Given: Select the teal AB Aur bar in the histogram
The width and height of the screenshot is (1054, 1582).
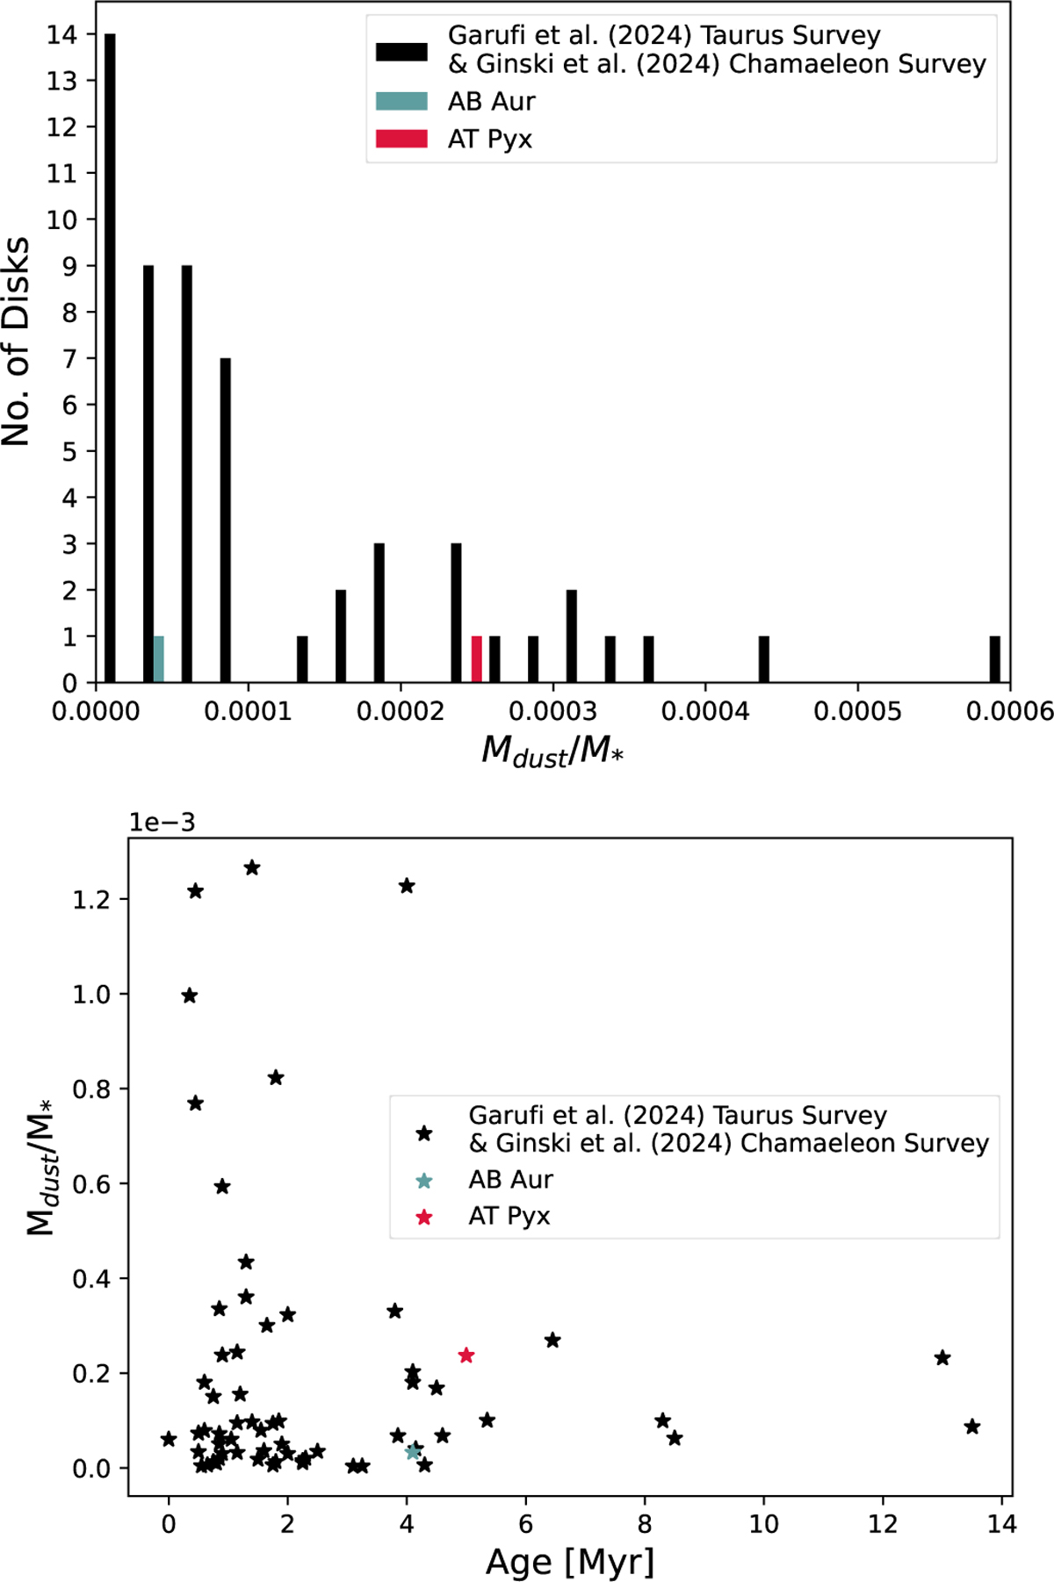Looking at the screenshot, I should click(x=159, y=659).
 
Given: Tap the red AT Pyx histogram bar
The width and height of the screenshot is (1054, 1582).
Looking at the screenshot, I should click(x=476, y=659).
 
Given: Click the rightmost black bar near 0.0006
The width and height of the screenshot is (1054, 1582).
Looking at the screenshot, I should click(x=995, y=659).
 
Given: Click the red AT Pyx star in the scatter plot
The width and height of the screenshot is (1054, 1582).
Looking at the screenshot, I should click(x=466, y=1355).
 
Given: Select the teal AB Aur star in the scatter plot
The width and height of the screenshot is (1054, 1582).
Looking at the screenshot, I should click(x=413, y=1451).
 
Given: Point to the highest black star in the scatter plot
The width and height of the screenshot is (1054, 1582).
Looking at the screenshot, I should click(x=252, y=868).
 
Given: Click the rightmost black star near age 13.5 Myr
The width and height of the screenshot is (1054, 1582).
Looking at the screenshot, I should click(x=972, y=1427).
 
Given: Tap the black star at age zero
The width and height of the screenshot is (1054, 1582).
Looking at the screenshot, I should click(x=169, y=1439).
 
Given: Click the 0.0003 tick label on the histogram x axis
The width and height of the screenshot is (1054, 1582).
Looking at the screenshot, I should click(x=553, y=711).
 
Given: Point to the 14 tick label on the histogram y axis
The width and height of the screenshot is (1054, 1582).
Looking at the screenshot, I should click(x=62, y=34).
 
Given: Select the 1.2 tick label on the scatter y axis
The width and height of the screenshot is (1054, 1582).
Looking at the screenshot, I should click(x=93, y=900).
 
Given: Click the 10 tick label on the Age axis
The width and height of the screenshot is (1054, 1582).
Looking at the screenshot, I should click(x=764, y=1524).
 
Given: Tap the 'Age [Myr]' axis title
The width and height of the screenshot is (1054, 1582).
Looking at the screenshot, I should click(x=570, y=1563).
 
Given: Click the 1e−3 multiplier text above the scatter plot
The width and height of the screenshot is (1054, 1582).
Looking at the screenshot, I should click(x=162, y=823).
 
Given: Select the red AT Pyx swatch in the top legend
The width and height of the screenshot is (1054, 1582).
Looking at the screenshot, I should click(x=401, y=139).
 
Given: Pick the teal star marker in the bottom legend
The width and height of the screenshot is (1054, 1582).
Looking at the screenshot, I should click(x=424, y=1181).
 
